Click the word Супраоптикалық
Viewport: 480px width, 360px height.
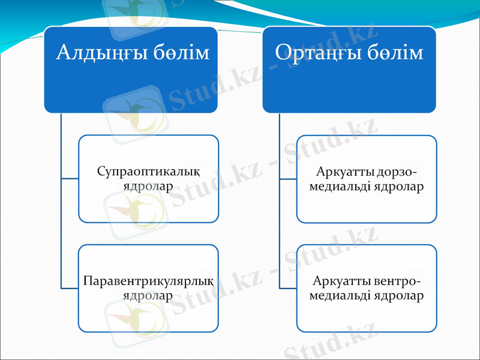[x=148, y=172]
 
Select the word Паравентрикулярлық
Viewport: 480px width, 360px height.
[x=148, y=281]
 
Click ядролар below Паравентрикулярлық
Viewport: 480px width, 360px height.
[x=148, y=295]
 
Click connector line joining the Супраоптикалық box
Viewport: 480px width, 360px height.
[x=70, y=179]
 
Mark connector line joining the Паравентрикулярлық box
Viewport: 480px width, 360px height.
[x=70, y=288]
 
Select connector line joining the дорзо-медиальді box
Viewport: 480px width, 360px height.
[x=288, y=179]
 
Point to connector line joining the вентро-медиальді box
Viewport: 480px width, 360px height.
[x=288, y=288]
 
